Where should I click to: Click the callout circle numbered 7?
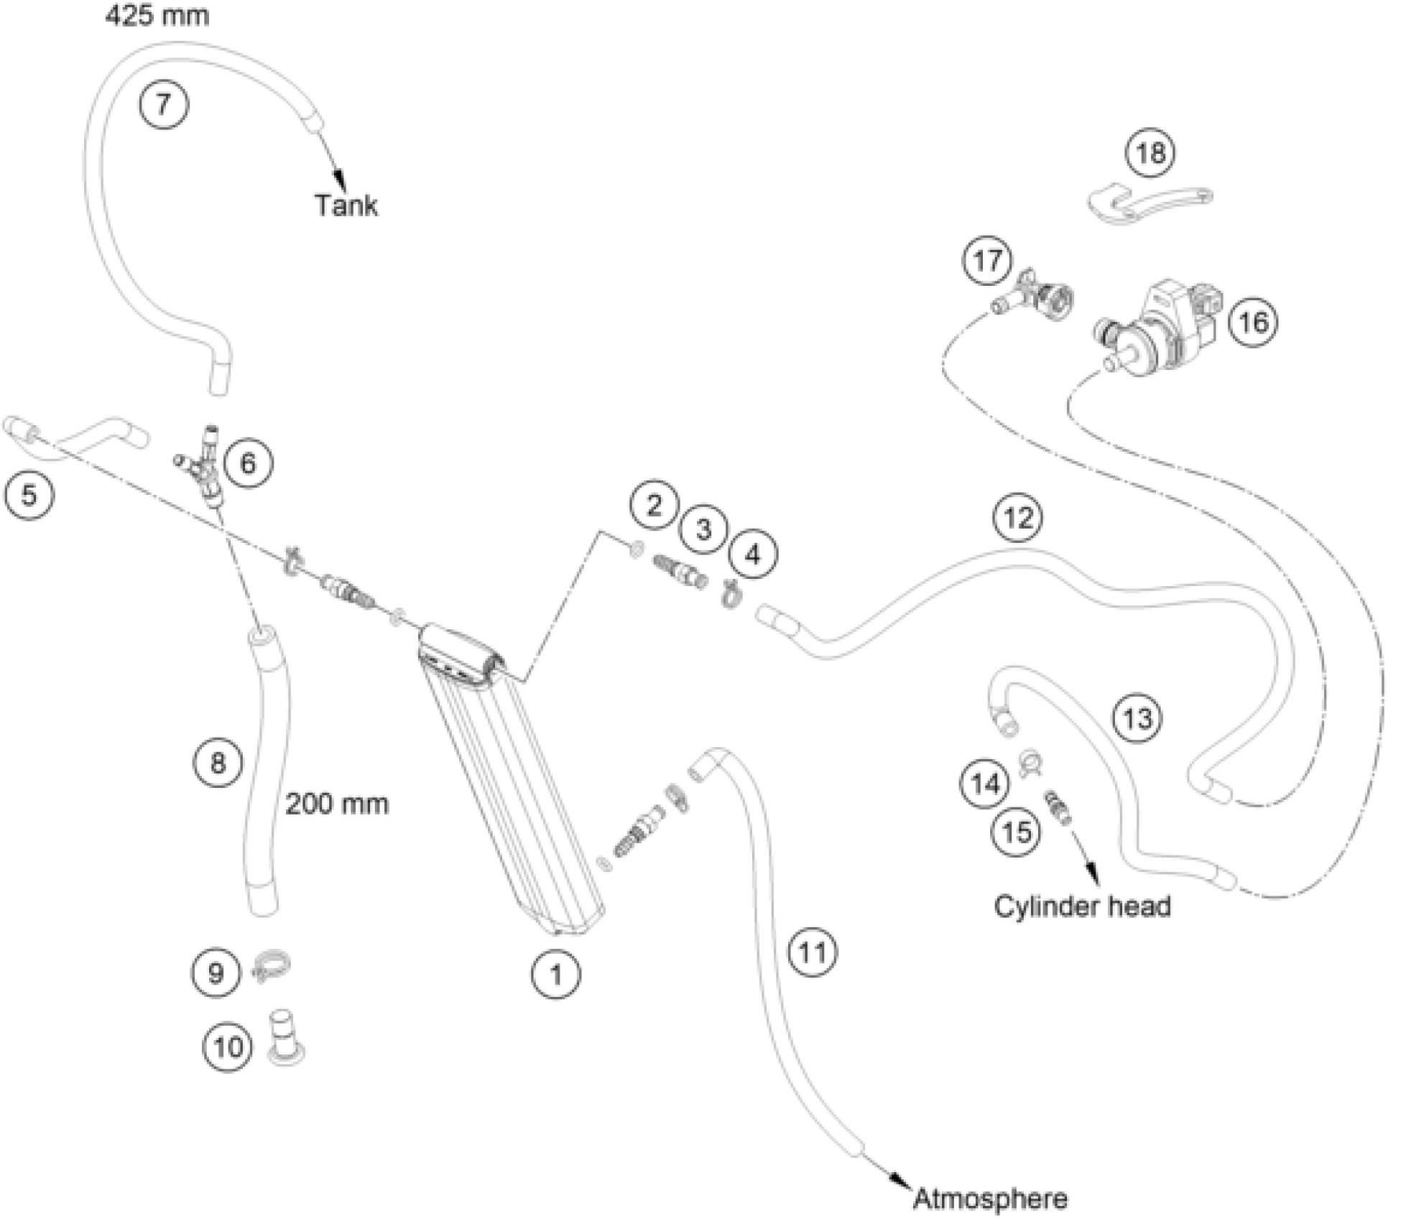[164, 105]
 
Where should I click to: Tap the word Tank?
[346, 205]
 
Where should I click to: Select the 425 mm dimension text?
[157, 15]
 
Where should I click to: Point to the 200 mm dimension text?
[337, 804]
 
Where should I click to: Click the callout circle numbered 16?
[1253, 322]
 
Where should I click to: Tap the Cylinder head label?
[1082, 906]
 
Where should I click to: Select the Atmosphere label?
[990, 1199]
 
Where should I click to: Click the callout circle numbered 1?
[555, 975]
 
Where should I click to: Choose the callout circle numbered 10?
[228, 1047]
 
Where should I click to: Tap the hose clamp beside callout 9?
[271, 971]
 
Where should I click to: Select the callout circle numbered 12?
[1018, 518]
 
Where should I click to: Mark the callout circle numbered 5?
[29, 495]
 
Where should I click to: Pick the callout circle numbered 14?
[985, 784]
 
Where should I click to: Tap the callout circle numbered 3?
[703, 529]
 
